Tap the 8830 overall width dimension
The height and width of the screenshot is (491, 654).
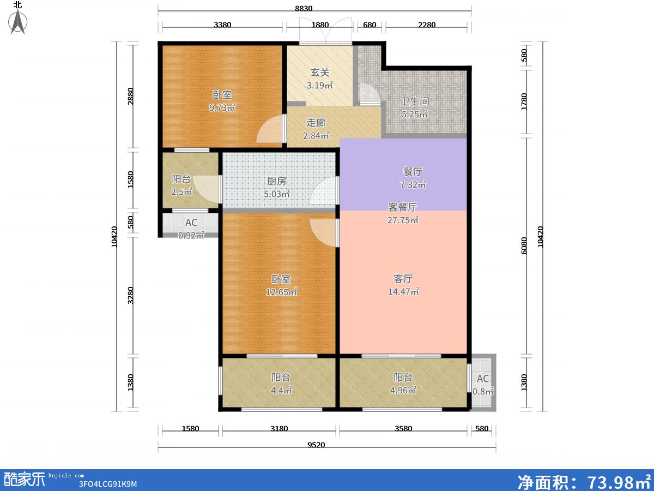click(304, 8)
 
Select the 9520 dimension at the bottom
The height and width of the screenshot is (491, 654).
click(316, 445)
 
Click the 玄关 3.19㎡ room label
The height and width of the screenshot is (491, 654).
click(320, 79)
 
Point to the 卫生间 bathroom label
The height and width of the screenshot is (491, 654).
click(414, 107)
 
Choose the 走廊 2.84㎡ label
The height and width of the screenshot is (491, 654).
click(316, 129)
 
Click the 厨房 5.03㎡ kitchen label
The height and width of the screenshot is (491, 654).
click(276, 187)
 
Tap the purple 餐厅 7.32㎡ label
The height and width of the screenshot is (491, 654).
click(413, 178)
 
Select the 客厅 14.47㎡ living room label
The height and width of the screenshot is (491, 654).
click(403, 285)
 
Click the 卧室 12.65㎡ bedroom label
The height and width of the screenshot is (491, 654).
click(281, 285)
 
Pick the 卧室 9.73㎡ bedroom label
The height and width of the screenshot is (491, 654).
click(222, 101)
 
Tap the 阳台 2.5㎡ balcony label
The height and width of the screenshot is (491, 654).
click(181, 185)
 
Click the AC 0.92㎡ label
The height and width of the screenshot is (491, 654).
click(191, 229)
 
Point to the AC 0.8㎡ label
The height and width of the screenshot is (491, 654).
click(483, 385)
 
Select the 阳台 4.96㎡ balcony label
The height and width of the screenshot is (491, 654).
click(403, 384)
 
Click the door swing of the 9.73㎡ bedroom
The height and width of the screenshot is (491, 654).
click(270, 129)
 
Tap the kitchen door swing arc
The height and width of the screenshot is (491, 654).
click(323, 190)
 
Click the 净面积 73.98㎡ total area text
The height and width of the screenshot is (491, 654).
click(584, 481)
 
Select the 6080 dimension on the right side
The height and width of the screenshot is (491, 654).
click(524, 245)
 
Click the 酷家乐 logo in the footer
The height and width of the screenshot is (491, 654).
click(23, 480)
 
